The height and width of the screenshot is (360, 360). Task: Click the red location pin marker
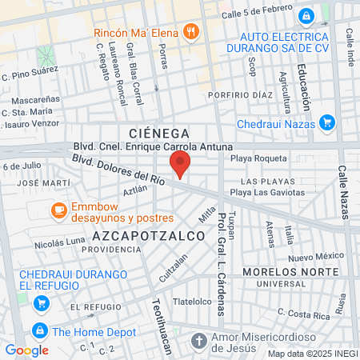pos(181,166)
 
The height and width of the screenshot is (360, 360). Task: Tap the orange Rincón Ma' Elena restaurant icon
pos(190,31)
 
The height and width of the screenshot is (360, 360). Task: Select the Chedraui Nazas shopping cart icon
pos(326,122)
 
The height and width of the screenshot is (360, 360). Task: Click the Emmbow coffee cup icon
pos(58,210)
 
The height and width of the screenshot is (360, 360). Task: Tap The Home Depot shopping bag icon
pos(38,330)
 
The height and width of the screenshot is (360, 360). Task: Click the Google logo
pos(26,350)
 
